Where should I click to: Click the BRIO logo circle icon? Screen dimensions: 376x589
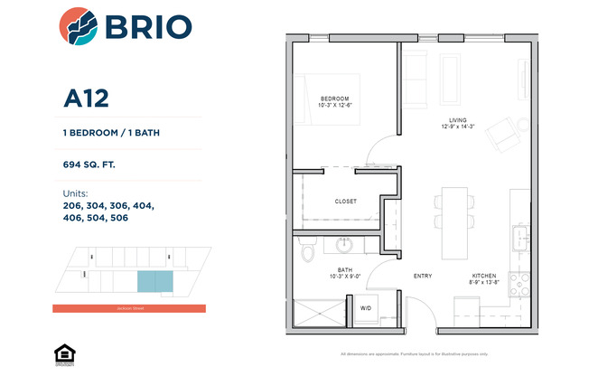coord(79,26)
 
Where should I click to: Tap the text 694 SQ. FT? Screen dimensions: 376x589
coord(89,164)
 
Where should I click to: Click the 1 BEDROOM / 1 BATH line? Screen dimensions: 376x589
coord(113,133)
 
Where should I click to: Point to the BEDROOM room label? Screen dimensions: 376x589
coord(334,99)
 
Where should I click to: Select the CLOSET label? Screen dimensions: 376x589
coord(346,201)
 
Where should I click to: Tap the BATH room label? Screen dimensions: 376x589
coord(344,269)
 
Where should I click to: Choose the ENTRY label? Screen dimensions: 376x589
coord(422,276)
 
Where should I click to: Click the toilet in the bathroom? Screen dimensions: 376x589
coord(306,249)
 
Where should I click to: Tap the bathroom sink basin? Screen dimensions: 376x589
coord(344,244)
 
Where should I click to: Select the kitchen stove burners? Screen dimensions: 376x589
coord(519,285)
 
